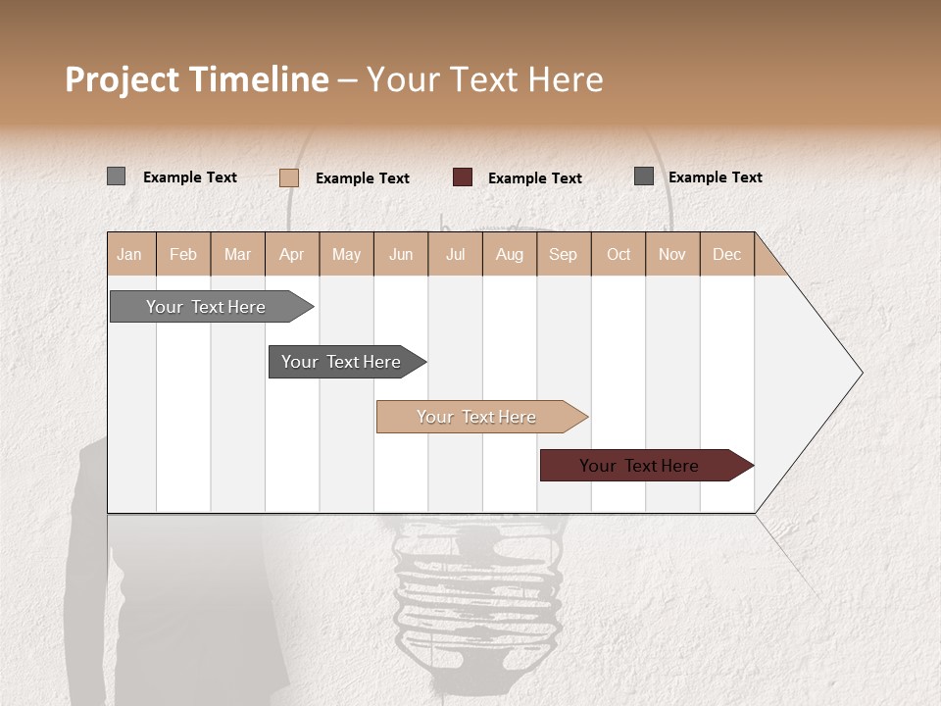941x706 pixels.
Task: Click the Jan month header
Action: pos(129,255)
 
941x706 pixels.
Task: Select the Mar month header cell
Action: pos(237,255)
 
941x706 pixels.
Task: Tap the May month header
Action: pos(346,255)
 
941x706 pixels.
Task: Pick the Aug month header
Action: pos(509,255)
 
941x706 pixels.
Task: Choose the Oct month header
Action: pos(619,255)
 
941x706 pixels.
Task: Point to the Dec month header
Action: pos(726,255)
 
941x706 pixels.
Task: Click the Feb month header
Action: pos(183,255)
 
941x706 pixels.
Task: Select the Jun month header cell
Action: pos(401,255)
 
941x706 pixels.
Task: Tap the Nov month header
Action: pos(672,255)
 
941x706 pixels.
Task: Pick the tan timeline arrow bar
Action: pos(478,417)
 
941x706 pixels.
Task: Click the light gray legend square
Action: pos(116,176)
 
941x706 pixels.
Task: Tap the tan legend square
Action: pos(289,177)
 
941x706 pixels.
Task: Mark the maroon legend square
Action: pos(463,177)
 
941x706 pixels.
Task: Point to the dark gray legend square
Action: pos(644,176)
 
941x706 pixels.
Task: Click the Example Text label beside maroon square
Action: pos(535,178)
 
